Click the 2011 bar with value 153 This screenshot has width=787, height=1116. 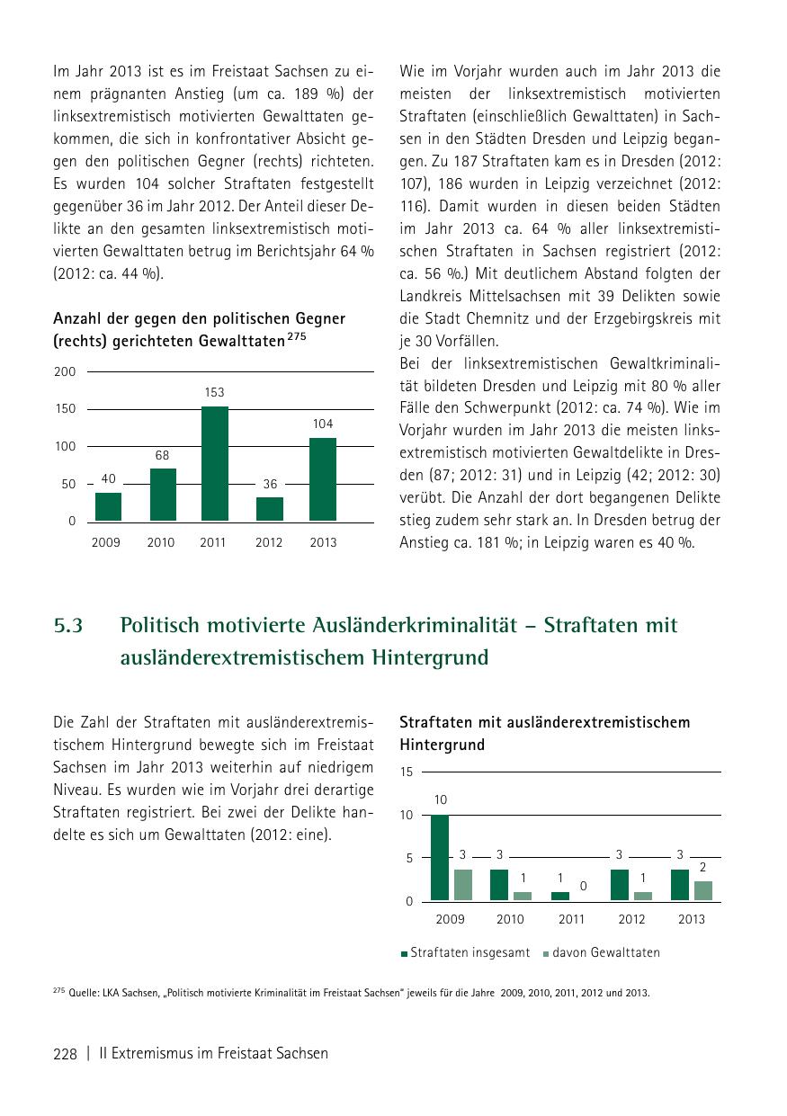[x=215, y=463]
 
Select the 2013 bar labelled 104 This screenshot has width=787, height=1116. [x=323, y=479]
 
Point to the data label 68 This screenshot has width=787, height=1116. [x=162, y=456]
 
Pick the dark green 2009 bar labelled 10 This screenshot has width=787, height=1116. [x=440, y=857]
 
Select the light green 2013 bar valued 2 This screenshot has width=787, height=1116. [x=703, y=890]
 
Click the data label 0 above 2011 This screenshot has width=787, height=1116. [x=583, y=887]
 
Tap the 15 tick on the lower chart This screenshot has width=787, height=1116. [x=407, y=772]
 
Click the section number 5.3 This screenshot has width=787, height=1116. [x=68, y=625]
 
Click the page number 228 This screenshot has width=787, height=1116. [x=65, y=1053]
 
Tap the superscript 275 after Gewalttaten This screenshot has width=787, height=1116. [x=298, y=335]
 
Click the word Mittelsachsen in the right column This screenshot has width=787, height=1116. [x=508, y=296]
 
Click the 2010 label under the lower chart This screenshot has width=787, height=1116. [x=510, y=919]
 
